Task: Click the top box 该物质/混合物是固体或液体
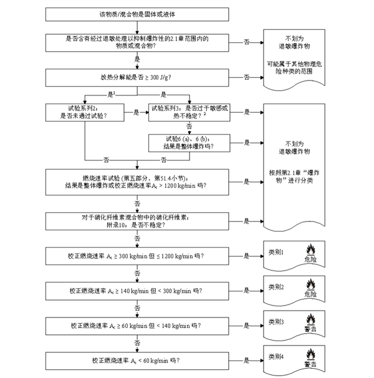tap(137, 14)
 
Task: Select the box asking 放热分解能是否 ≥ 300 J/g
tap(137, 77)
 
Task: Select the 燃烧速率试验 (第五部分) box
tap(137, 182)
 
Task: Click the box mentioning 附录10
tap(137, 220)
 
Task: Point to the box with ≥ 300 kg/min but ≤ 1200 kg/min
tap(137, 256)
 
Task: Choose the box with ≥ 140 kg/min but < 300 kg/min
tap(137, 291)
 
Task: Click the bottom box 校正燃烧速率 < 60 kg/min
tap(137, 360)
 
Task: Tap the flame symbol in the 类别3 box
tap(310, 322)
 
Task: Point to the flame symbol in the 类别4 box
tap(310, 357)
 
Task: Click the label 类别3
tap(276, 321)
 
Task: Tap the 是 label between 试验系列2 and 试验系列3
tap(136, 112)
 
